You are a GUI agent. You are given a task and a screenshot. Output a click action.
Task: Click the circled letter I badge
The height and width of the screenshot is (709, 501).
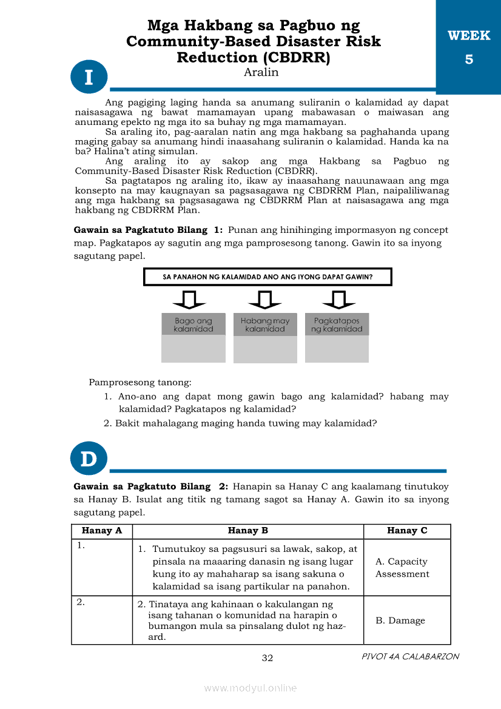pyautogui.click(x=89, y=77)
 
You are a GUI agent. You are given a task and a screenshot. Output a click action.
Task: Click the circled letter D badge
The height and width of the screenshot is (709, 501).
pyautogui.click(x=89, y=459)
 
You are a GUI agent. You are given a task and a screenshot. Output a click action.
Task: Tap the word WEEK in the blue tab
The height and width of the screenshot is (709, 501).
pyautogui.click(x=469, y=36)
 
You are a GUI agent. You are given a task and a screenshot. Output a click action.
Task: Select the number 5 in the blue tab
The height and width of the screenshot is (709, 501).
pyautogui.click(x=469, y=59)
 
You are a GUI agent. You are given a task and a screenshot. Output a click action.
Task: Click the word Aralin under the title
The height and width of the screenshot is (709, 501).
pyautogui.click(x=261, y=72)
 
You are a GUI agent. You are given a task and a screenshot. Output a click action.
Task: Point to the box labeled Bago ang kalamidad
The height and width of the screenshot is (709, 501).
pyautogui.click(x=193, y=324)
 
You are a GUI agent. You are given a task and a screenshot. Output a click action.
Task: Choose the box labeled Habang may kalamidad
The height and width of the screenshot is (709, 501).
pyautogui.click(x=265, y=324)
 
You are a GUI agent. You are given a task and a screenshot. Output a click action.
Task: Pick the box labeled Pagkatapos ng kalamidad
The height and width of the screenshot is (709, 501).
pyautogui.click(x=337, y=324)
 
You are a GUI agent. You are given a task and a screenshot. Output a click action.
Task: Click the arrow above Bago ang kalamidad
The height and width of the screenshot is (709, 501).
pyautogui.click(x=189, y=299)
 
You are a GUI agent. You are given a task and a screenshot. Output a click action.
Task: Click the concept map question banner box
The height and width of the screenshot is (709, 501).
pyautogui.click(x=267, y=277)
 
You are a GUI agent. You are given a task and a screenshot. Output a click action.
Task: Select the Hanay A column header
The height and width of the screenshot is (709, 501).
pyautogui.click(x=102, y=531)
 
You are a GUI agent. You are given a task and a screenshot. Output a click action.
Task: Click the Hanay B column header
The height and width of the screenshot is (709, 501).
pyautogui.click(x=247, y=531)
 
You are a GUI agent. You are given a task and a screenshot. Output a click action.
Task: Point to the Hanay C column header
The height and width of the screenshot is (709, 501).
pyautogui.click(x=407, y=531)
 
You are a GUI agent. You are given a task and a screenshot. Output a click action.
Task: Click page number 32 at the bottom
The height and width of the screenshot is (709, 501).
pyautogui.click(x=267, y=658)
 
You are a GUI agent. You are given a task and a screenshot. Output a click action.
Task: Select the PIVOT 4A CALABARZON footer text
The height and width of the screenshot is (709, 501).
pyautogui.click(x=410, y=656)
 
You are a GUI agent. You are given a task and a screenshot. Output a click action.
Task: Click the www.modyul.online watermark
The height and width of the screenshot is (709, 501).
pyautogui.click(x=250, y=688)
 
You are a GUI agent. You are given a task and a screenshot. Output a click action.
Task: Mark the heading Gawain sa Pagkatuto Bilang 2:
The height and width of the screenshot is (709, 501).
pyautogui.click(x=150, y=486)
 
